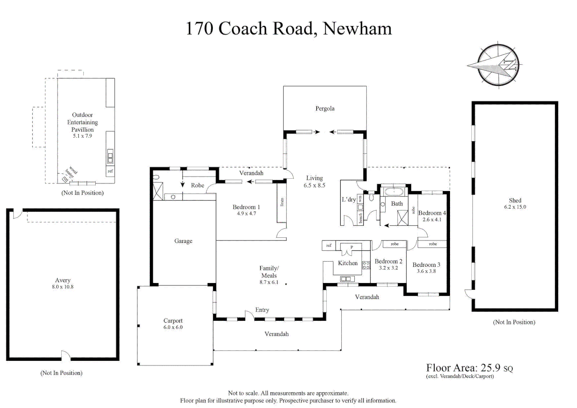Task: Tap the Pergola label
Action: click(325, 109)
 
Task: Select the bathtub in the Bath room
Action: click(393, 192)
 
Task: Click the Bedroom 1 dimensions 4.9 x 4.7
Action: click(246, 213)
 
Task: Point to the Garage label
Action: click(183, 241)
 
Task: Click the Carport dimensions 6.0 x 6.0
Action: click(173, 328)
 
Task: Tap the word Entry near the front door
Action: click(262, 310)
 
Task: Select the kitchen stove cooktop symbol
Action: click(366, 265)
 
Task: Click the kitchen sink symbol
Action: click(347, 279)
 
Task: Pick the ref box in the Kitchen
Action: click(329, 246)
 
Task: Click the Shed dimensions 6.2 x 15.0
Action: click(515, 207)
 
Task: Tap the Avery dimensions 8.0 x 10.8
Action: click(63, 287)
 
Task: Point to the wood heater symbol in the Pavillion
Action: click(65, 179)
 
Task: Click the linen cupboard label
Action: click(282, 202)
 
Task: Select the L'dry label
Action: click(348, 199)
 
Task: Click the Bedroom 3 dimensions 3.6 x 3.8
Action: click(426, 271)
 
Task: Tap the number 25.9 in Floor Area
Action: click(490, 368)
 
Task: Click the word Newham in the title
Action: click(357, 28)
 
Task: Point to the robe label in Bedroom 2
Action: click(394, 244)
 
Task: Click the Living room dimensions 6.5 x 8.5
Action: click(314, 185)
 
